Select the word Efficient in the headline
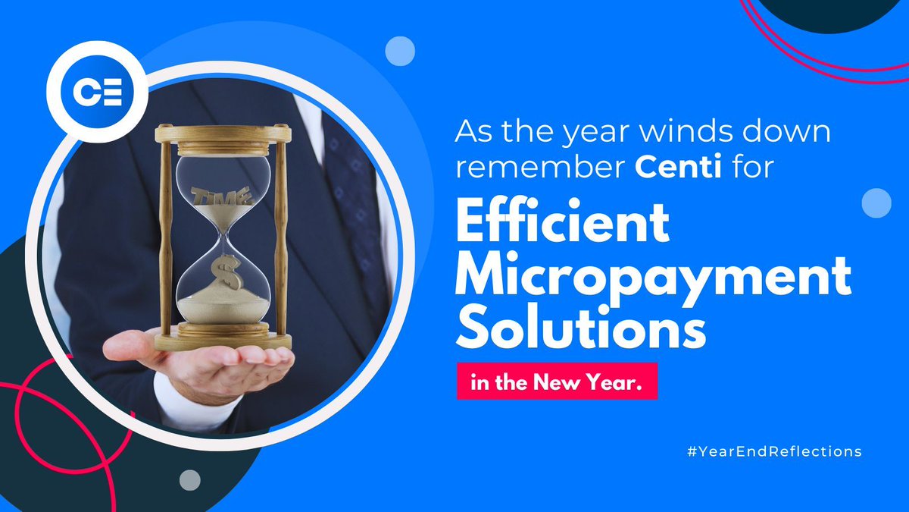coord(562,225)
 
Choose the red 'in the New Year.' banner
coord(556,384)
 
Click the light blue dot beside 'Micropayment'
coord(876,203)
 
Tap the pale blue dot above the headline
coord(400,51)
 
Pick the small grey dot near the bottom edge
coord(190,479)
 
